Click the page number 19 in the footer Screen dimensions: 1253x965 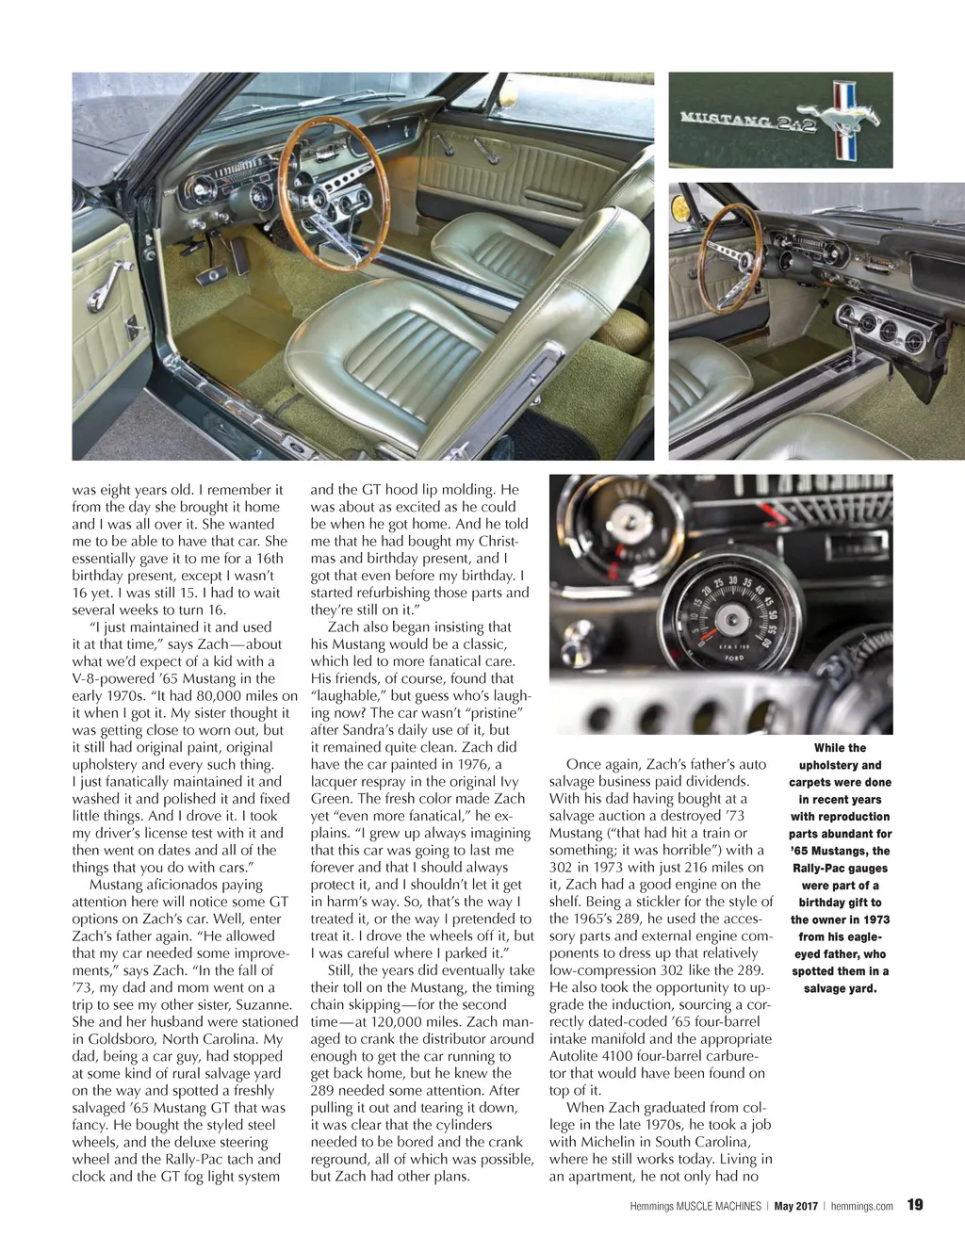915,1204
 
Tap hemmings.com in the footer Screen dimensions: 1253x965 862,1206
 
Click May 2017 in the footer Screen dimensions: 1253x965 795,1206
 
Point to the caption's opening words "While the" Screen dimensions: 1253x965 840,748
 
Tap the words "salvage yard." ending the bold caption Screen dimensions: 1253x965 840,988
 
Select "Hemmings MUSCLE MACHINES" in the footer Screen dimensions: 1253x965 695,1206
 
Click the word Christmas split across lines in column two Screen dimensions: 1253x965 499,541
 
